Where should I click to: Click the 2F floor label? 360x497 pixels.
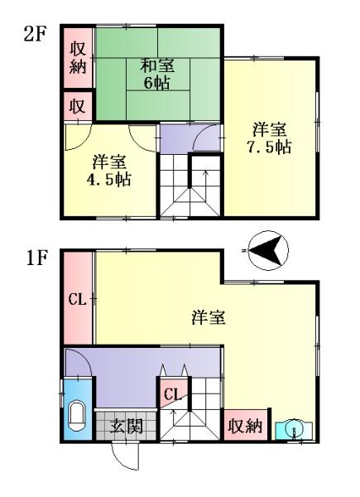pyautogui.click(x=36, y=34)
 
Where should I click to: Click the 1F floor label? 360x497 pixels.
pyautogui.click(x=36, y=258)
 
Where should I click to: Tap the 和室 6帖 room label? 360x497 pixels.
pyautogui.click(x=157, y=75)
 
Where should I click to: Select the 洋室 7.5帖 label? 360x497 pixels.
pyautogui.click(x=269, y=138)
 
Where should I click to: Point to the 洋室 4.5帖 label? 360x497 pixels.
pyautogui.click(x=109, y=171)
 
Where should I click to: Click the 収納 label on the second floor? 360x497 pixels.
pyautogui.click(x=78, y=58)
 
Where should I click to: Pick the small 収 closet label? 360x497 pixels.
pyautogui.click(x=78, y=106)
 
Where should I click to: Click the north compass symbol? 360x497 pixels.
pyautogui.click(x=268, y=250)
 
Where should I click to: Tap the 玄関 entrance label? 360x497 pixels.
pyautogui.click(x=126, y=426)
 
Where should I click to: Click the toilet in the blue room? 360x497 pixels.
pyautogui.click(x=76, y=416)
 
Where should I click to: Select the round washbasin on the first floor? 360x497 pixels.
pyautogui.click(x=295, y=429)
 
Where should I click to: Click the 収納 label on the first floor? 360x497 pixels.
pyautogui.click(x=246, y=426)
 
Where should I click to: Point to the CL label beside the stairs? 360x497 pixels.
pyautogui.click(x=173, y=394)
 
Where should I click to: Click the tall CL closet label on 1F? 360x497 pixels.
pyautogui.click(x=78, y=299)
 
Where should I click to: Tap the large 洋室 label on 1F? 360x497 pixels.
pyautogui.click(x=209, y=317)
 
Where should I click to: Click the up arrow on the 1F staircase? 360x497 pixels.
pyautogui.click(x=173, y=418)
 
